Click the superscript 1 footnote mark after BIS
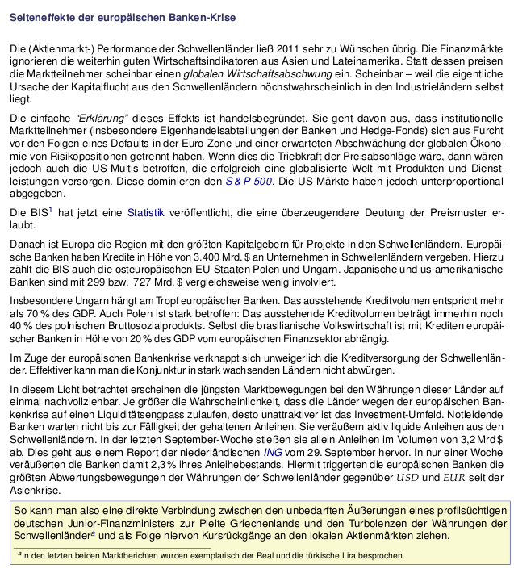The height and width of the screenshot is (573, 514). (x=50, y=209)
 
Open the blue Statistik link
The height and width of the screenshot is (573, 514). (x=146, y=213)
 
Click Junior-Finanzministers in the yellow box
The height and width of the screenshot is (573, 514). (x=109, y=523)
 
